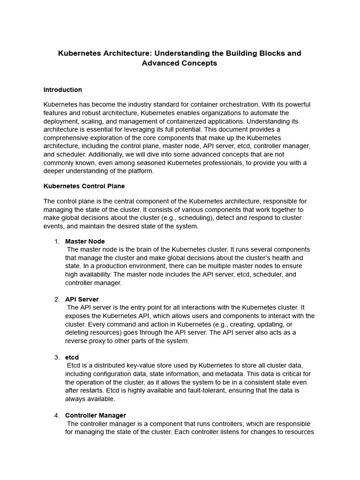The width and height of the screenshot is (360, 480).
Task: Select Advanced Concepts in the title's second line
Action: point(180,63)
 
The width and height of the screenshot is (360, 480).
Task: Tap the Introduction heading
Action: point(63,90)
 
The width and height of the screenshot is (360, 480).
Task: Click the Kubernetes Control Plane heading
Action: point(84,186)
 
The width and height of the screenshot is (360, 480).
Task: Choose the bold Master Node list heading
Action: point(85,241)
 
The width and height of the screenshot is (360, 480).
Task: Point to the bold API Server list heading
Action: point(82,299)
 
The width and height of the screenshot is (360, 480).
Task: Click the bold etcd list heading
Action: point(72,357)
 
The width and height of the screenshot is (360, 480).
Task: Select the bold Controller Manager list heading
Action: point(96,415)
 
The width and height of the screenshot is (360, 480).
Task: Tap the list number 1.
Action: point(57,241)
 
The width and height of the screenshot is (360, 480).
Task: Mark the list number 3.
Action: point(57,357)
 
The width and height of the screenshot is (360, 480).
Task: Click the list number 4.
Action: point(57,415)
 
